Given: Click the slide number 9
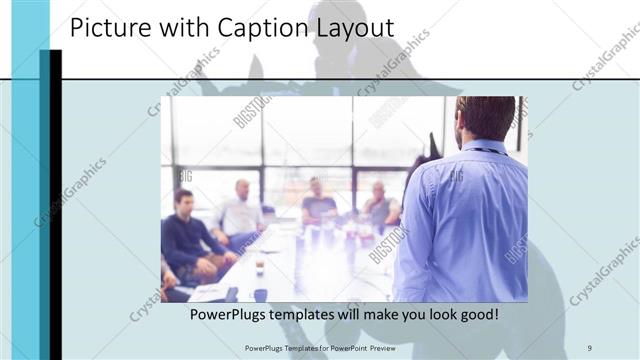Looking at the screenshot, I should click(590, 347).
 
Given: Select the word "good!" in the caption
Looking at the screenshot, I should click(476, 315).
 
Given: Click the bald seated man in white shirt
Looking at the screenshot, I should click(241, 210).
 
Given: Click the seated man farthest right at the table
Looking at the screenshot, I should click(379, 205).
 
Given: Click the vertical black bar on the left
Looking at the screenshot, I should click(56, 200).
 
